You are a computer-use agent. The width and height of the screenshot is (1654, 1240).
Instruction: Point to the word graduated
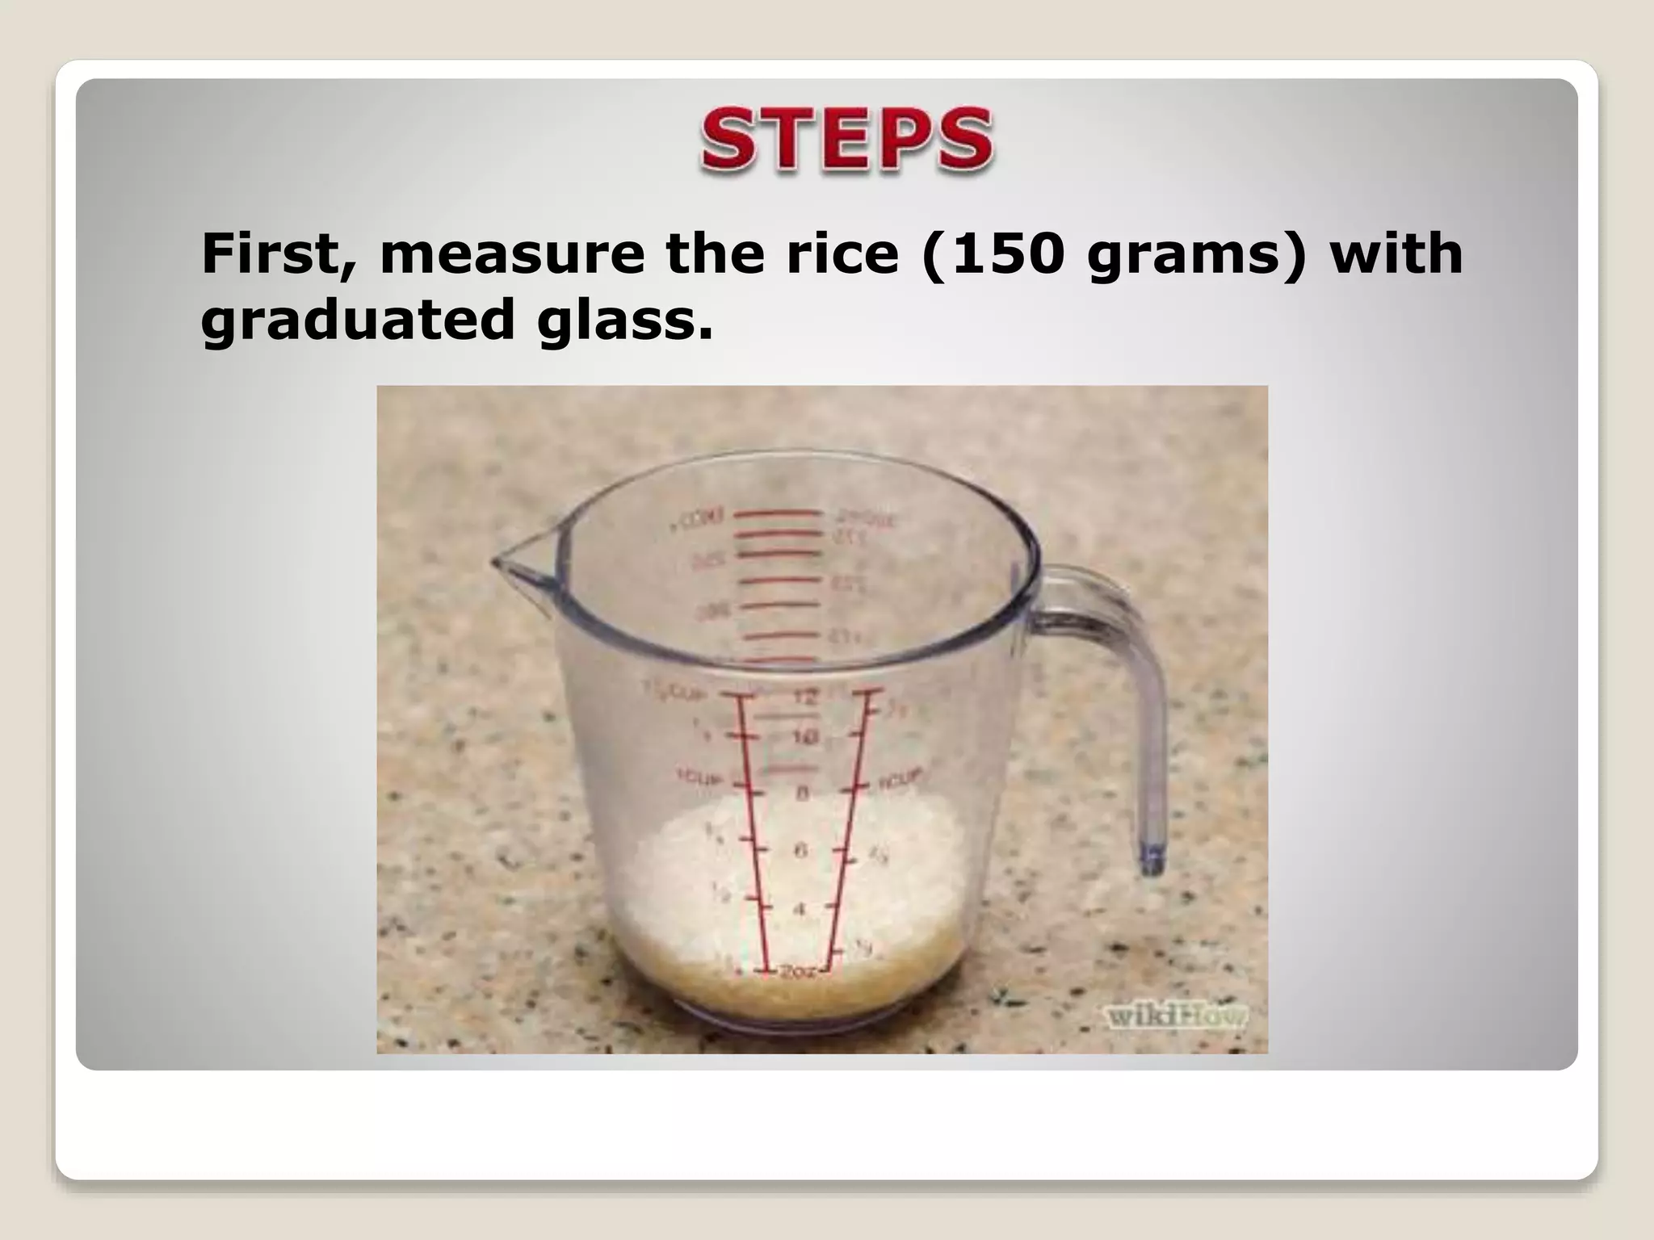click(358, 320)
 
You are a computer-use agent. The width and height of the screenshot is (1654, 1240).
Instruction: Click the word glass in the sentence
click(627, 320)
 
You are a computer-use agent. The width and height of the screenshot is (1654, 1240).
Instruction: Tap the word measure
click(512, 254)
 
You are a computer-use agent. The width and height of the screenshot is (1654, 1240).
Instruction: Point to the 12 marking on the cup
click(805, 697)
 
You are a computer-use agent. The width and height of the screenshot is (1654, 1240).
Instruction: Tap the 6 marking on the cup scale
click(800, 850)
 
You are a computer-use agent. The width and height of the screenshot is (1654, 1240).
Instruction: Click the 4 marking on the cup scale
click(799, 910)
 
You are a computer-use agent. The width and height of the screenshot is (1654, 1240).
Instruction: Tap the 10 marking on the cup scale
click(805, 737)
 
